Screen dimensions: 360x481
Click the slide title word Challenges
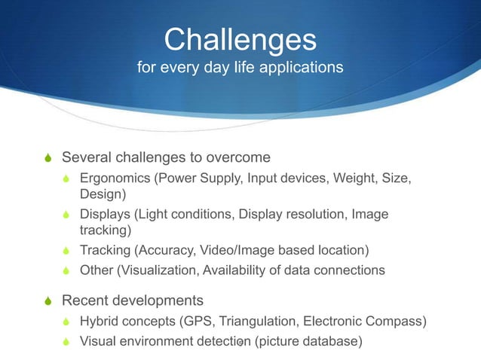coord(240,39)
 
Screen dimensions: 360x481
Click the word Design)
coord(105,194)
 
